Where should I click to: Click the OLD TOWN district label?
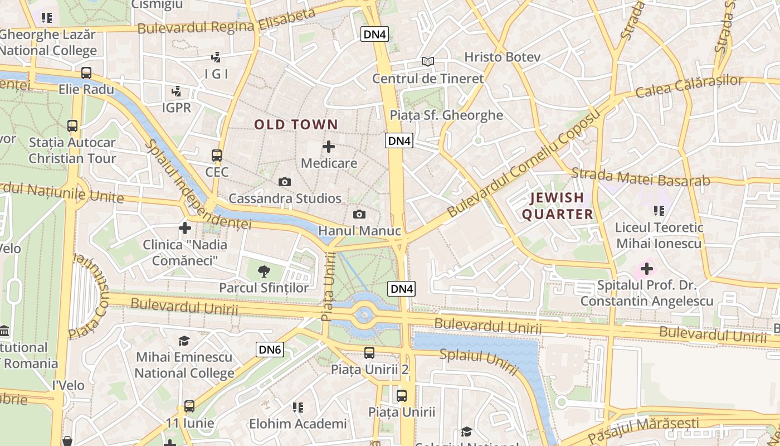click(296, 125)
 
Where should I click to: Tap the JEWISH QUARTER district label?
click(557, 206)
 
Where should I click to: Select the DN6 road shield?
click(270, 350)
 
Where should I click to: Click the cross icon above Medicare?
click(329, 147)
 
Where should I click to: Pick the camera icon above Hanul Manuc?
click(359, 214)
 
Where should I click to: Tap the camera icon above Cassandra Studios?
click(285, 182)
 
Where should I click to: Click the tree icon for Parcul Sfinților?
click(264, 272)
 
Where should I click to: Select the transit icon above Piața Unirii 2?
click(369, 352)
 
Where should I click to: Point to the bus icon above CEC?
click(217, 156)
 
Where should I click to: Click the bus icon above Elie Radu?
click(86, 72)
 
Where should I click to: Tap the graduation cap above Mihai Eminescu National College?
click(184, 341)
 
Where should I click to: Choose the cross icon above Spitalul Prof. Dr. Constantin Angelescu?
click(646, 269)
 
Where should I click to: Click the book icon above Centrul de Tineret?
click(427, 61)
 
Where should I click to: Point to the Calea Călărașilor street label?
click(689, 86)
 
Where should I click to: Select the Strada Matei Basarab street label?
click(641, 177)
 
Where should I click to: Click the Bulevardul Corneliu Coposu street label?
click(524, 163)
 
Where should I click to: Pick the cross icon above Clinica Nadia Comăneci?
click(185, 227)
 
